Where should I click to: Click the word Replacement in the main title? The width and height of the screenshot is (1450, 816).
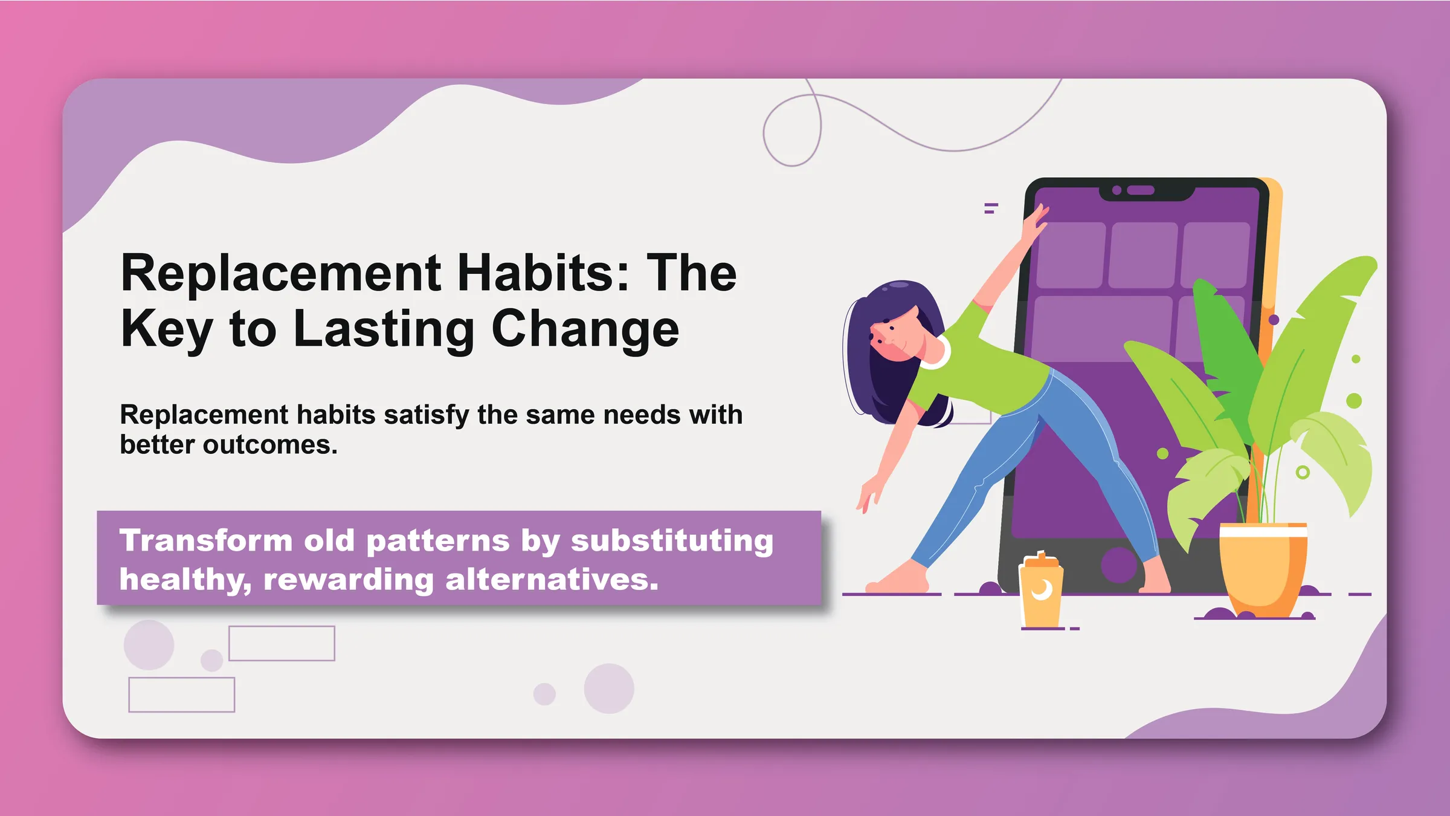point(281,273)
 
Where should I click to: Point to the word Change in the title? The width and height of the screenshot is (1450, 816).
point(585,331)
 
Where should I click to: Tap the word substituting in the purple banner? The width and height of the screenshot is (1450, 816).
point(672,541)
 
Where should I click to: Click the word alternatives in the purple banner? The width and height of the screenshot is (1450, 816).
point(551,580)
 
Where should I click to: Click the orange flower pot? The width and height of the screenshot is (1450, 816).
point(1263,569)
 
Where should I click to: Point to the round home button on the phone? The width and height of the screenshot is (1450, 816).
point(1118,565)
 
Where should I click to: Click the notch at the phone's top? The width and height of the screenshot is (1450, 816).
point(1146,190)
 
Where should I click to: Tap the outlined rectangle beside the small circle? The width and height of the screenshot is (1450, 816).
point(282,643)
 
